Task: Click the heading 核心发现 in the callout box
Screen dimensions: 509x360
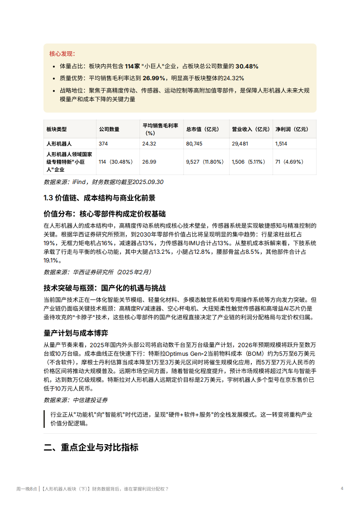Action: tap(62, 54)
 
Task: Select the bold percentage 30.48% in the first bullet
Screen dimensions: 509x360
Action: tap(247, 66)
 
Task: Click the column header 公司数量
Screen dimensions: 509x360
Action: tap(109, 129)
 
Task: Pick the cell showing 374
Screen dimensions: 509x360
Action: tap(104, 143)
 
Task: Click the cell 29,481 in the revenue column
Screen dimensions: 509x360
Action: tap(240, 143)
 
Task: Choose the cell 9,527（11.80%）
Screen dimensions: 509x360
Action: tap(205, 162)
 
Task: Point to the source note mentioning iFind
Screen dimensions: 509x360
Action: tap(103, 182)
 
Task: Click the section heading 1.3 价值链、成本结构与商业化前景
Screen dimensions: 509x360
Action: tap(99, 198)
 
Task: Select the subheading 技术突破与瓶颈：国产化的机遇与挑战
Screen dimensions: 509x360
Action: tap(105, 288)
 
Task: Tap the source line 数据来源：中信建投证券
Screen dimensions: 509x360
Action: tap(76, 400)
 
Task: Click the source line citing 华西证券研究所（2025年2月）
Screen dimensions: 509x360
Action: tap(97, 272)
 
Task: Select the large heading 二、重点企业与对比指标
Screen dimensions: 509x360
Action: tap(91, 447)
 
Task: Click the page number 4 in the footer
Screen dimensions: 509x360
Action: tap(342, 488)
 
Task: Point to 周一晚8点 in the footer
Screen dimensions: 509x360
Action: tap(27, 489)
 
